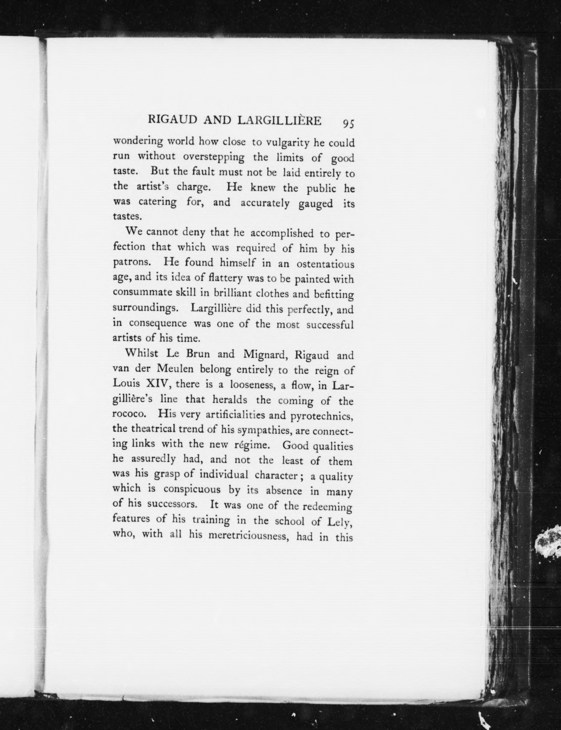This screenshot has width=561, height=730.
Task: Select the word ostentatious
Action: coord(325,265)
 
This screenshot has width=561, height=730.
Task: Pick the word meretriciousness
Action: coord(248,535)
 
